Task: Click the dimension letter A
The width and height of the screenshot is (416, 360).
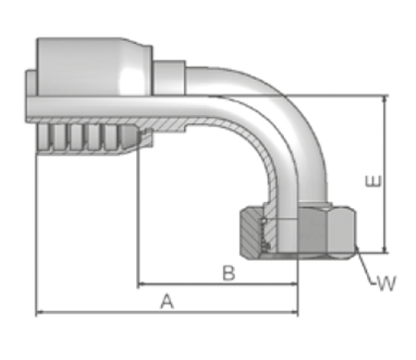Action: point(167,301)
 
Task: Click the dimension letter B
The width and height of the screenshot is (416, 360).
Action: point(229,273)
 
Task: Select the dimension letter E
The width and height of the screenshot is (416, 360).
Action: point(373,181)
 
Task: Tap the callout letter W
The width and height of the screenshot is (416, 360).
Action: point(387,283)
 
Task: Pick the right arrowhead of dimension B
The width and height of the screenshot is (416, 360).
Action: point(294,283)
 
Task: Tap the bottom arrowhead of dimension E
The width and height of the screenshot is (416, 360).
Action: point(385,249)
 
